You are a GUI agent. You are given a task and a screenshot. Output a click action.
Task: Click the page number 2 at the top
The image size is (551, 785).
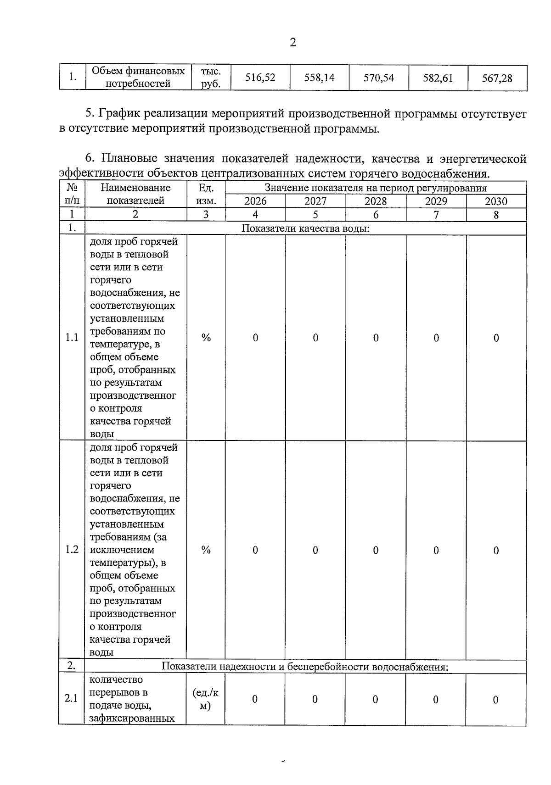pyautogui.click(x=293, y=43)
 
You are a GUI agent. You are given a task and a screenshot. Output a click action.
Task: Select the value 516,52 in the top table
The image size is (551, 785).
pyautogui.click(x=260, y=78)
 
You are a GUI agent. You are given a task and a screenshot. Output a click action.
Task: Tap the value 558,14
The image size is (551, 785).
pyautogui.click(x=319, y=78)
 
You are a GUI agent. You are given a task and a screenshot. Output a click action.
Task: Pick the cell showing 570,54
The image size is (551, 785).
pyautogui.click(x=378, y=78)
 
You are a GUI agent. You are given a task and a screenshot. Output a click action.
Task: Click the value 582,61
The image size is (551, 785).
pyautogui.click(x=438, y=78)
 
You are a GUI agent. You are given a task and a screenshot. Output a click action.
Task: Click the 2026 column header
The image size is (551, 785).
pyautogui.click(x=255, y=201)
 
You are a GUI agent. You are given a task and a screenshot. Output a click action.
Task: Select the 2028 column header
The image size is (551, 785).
pyautogui.click(x=376, y=201)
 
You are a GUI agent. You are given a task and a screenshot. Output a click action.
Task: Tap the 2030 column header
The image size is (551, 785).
pyautogui.click(x=496, y=201)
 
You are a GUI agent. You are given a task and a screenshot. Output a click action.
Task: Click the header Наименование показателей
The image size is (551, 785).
pyautogui.click(x=135, y=194)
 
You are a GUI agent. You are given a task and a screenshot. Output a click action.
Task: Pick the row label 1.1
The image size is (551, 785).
pyautogui.click(x=72, y=338)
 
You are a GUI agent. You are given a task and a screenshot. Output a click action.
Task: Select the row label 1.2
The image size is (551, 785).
pyautogui.click(x=72, y=550)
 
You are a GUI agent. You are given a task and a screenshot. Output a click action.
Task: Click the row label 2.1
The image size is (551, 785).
pyautogui.click(x=71, y=699)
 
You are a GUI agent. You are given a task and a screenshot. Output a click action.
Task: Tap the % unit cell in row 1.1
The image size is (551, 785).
pyautogui.click(x=206, y=338)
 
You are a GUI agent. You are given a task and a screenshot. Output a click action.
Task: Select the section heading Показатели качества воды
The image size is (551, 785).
pyautogui.click(x=305, y=228)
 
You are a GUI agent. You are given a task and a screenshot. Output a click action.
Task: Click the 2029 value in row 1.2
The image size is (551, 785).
pyautogui.click(x=436, y=550)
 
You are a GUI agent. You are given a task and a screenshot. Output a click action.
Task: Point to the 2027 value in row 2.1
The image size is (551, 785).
pyautogui.click(x=315, y=699)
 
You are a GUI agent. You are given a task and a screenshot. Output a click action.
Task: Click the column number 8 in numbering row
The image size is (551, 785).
pyautogui.click(x=496, y=215)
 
